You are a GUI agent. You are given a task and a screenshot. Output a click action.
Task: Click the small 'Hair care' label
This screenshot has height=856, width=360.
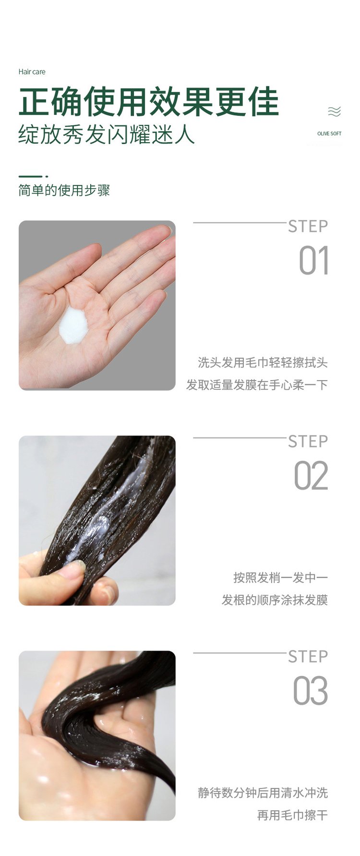[32, 72]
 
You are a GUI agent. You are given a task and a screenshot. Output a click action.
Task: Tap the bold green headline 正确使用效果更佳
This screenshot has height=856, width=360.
[148, 102]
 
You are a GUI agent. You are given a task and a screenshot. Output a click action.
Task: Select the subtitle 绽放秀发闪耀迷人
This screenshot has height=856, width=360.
[107, 134]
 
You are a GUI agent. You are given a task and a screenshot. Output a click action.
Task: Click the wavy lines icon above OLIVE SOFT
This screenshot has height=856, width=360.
[334, 112]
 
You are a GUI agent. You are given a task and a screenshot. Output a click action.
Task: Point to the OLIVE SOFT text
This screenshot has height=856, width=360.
[329, 133]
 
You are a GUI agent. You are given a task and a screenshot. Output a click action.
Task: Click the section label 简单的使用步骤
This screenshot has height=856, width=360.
[64, 191]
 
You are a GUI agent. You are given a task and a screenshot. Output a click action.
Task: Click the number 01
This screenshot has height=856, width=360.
[313, 262]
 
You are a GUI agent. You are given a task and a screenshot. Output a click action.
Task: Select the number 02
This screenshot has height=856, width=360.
[311, 476]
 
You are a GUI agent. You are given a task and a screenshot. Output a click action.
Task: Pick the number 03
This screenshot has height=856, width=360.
[311, 691]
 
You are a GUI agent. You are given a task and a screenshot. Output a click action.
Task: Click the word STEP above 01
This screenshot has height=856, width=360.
[308, 227]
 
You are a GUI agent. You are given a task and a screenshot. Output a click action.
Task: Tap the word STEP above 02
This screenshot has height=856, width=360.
[308, 442]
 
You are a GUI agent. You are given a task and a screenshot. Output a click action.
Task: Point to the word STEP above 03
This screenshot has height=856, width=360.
[308, 657]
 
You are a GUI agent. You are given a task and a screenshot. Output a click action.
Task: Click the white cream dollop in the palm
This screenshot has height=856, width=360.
[73, 325]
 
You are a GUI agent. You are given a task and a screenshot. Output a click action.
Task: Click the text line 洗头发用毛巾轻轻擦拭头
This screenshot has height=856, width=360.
[263, 363]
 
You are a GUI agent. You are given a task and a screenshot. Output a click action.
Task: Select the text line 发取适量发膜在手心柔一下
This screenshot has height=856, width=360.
[257, 385]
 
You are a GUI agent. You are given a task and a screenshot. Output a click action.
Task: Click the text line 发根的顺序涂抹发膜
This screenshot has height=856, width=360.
[274, 600]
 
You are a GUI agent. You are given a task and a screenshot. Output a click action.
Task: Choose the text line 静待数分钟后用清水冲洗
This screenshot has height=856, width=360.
[263, 793]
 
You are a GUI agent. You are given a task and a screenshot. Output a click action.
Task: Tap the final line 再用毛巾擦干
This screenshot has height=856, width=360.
[292, 815]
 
